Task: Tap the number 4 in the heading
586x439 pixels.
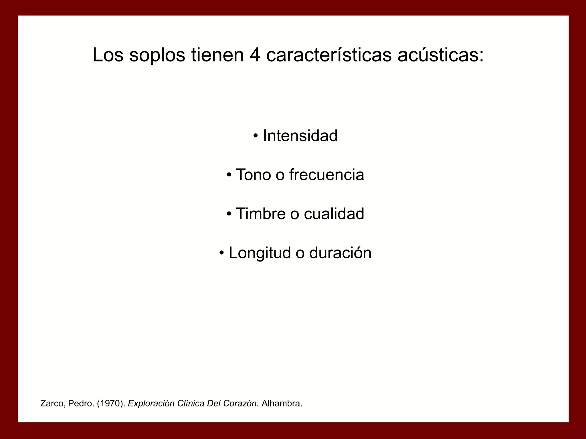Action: pyautogui.click(x=255, y=55)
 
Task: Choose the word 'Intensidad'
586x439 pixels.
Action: pyautogui.click(x=300, y=136)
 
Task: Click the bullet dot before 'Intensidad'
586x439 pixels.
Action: pyautogui.click(x=256, y=135)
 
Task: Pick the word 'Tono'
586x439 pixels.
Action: pyautogui.click(x=253, y=175)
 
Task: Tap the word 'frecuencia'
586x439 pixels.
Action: pyautogui.click(x=326, y=175)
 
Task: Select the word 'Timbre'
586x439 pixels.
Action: pyautogui.click(x=261, y=214)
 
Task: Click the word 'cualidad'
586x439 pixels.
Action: pyautogui.click(x=334, y=214)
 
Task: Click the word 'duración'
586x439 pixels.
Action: pyautogui.click(x=340, y=253)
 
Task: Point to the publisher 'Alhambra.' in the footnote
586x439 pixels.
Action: pyautogui.click(x=282, y=404)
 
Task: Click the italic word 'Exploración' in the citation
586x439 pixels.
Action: pyautogui.click(x=151, y=404)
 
